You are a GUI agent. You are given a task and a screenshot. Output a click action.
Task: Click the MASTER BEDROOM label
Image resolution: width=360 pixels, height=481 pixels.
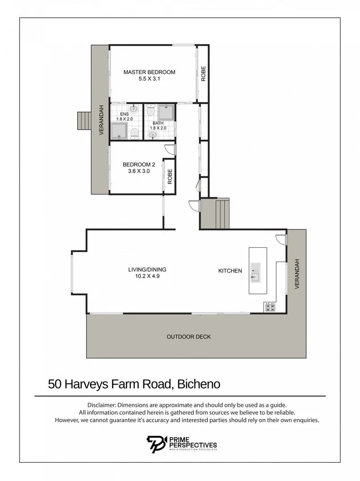tap(149, 72)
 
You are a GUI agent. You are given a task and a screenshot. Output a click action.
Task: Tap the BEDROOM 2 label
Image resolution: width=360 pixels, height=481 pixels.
tap(139, 164)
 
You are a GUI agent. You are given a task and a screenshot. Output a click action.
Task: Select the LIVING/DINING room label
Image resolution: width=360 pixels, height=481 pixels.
tap(144, 269)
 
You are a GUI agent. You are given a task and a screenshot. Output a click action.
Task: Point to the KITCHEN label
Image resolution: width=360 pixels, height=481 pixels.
tap(230, 271)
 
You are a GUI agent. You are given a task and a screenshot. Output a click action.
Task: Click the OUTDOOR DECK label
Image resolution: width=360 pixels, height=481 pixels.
tap(188, 337)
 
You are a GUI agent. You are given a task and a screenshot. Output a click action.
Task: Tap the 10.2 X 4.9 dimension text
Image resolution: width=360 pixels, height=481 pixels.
tap(144, 276)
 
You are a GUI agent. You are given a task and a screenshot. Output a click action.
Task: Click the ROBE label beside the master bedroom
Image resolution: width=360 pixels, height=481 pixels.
tap(203, 73)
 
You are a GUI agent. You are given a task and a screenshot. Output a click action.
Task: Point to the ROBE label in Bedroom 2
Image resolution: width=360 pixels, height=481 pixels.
tap(170, 177)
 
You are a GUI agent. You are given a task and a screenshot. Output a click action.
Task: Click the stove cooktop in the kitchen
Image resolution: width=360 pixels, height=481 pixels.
tap(270, 306)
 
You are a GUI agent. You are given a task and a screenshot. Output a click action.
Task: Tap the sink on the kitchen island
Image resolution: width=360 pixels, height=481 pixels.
tap(255, 277)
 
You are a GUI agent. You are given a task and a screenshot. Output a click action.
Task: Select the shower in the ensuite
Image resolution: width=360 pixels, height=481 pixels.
tap(119, 131)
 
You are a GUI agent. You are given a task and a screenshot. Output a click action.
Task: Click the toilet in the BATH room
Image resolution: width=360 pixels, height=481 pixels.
tap(150, 110)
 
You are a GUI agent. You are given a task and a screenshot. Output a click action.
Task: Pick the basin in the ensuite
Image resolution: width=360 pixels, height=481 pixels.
tap(133, 108)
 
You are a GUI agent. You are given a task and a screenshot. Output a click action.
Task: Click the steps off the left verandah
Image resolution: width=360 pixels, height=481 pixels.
tap(84, 120)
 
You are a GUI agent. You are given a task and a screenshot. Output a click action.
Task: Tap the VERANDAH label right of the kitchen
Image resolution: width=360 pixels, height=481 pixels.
tap(297, 273)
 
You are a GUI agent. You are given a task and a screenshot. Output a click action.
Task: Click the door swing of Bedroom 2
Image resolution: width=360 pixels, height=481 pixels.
tap(170, 151)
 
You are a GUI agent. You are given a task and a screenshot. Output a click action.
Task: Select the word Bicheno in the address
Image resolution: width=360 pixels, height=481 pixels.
tap(199, 384)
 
